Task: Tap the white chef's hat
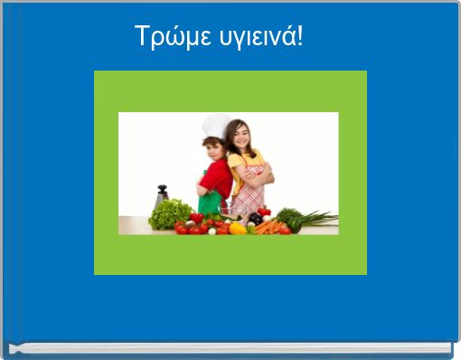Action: tap(215, 126)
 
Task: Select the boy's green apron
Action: tap(211, 201)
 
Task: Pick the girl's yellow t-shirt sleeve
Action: tap(234, 162)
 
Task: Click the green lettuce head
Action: tap(170, 215)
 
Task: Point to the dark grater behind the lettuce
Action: tap(162, 195)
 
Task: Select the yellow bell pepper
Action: tap(238, 228)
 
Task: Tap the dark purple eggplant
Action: tap(256, 219)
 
